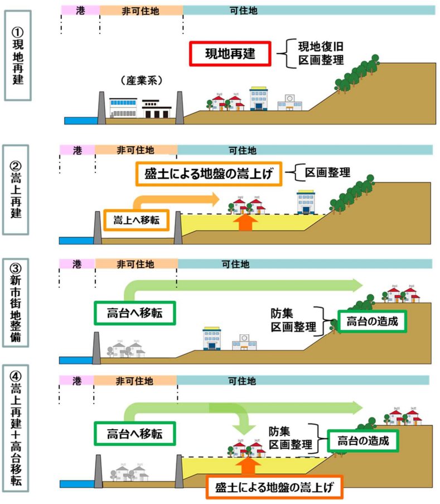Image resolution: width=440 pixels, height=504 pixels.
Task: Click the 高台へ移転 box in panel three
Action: pyautogui.click(x=134, y=313)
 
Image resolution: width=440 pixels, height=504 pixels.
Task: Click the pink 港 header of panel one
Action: pyautogui.click(x=80, y=10)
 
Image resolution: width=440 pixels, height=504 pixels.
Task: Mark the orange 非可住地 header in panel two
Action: pyautogui.click(x=136, y=150)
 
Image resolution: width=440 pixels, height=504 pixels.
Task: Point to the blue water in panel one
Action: pyautogui.click(x=81, y=120)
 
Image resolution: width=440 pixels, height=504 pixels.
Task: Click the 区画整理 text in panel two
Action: pyautogui.click(x=327, y=172)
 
